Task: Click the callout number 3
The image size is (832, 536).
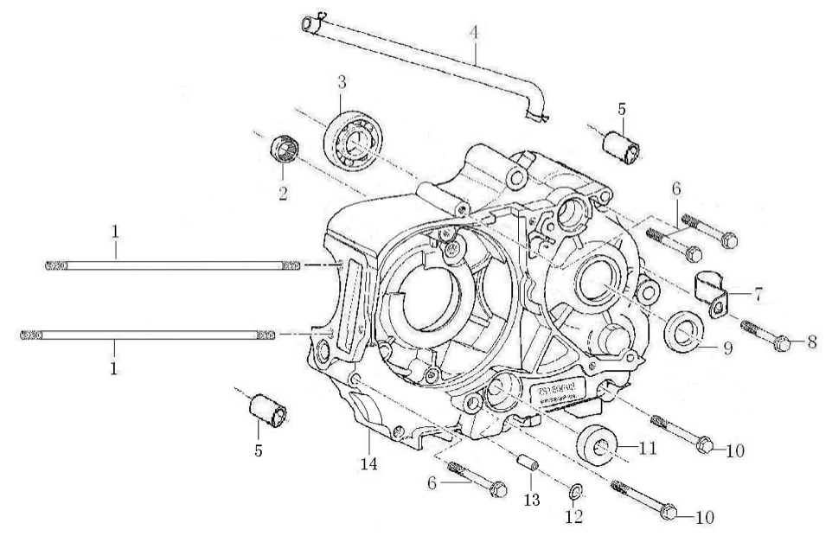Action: [342, 82]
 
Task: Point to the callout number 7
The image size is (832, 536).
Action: [758, 295]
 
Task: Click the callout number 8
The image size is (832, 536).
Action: [811, 341]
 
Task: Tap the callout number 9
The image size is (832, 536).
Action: [726, 349]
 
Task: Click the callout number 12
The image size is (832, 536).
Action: [573, 517]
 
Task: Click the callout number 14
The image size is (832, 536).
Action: [369, 463]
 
